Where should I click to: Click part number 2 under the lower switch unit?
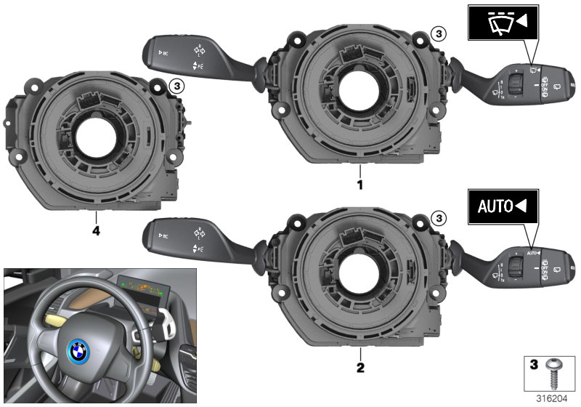point(359,367)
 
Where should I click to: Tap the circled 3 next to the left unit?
point(175,86)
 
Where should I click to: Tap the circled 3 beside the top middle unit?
point(436,33)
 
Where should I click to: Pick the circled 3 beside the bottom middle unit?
point(436,217)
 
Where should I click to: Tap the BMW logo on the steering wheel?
point(77,353)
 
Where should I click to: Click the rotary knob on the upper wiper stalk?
point(516,85)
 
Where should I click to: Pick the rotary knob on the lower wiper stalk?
point(516,268)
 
